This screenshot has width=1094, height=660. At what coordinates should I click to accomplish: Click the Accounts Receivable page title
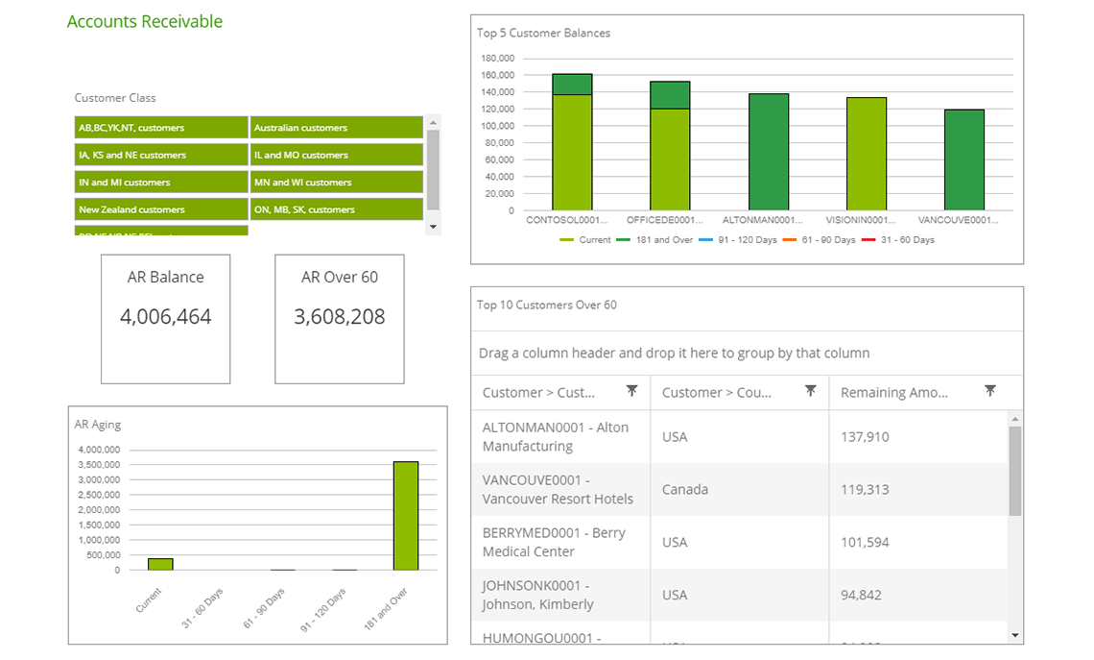[145, 21]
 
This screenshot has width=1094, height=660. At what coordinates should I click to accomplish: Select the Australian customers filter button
[336, 128]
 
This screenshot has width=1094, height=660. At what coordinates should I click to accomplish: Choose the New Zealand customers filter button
[161, 209]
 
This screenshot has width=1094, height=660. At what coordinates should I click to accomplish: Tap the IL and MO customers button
[336, 155]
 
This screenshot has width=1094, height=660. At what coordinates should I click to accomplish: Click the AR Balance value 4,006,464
[166, 317]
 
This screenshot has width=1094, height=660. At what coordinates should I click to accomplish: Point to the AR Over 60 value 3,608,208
[340, 317]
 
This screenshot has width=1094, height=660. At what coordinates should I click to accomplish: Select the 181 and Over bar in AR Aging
[406, 516]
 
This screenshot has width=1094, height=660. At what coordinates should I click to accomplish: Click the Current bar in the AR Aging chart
[160, 564]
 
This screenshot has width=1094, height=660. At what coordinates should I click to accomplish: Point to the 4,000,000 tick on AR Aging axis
[98, 450]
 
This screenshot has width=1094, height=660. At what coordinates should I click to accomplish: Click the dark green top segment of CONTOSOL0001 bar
[572, 85]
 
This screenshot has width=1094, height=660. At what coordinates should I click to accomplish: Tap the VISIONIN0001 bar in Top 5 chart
[866, 154]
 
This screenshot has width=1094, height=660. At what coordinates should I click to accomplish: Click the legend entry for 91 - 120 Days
[746, 240]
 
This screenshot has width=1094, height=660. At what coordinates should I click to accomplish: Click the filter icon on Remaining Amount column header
[989, 391]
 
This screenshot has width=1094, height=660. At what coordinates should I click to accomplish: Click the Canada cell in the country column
[684, 490]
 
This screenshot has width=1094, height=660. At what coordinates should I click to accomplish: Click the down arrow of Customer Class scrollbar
[433, 227]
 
